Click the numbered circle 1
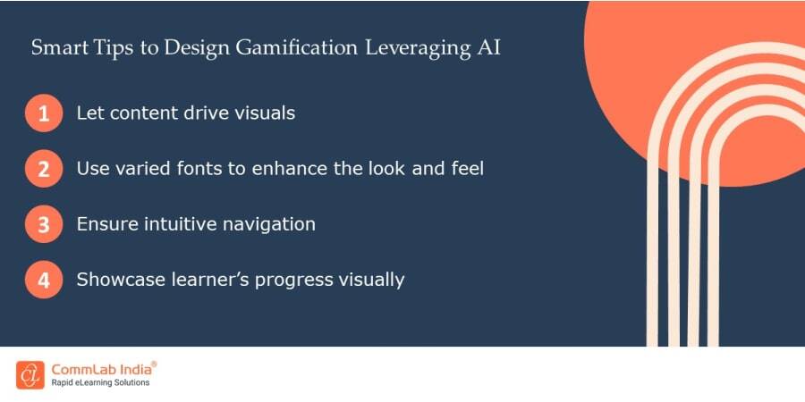tap(44, 114)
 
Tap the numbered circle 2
tap(44, 169)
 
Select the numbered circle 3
tap(44, 224)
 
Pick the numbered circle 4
tap(44, 280)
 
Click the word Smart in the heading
tap(55, 47)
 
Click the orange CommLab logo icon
tap(30, 374)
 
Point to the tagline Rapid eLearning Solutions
tap(100, 383)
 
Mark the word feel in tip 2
tap(465, 168)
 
